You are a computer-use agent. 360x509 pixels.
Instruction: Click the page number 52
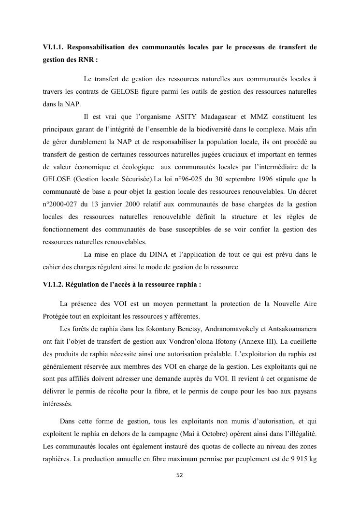(180, 475)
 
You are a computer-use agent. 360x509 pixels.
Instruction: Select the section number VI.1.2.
(53, 284)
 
